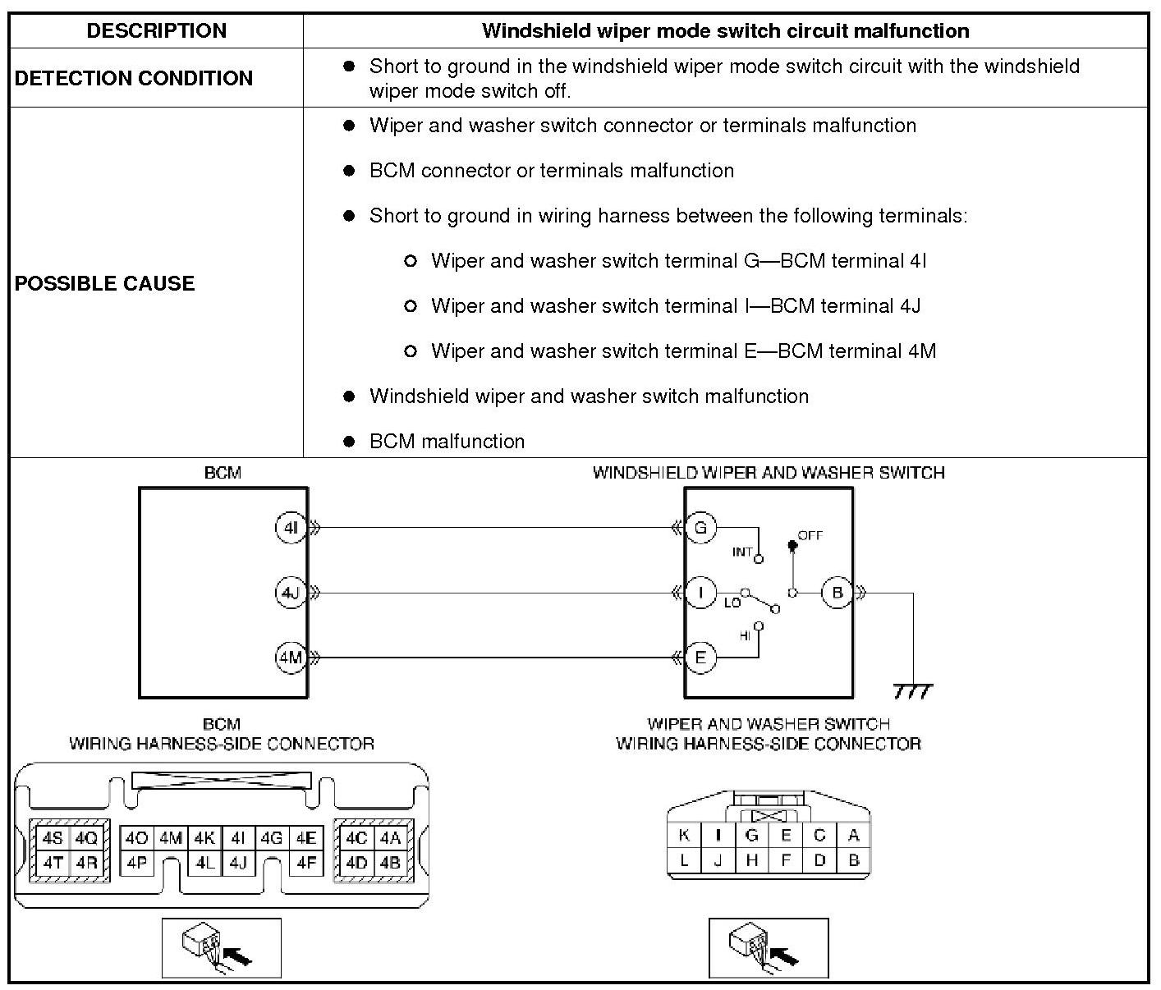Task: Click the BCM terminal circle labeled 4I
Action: coord(290,528)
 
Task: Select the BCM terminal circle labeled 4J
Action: coord(290,593)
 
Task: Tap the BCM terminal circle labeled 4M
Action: coord(290,658)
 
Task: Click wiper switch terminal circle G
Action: coord(700,528)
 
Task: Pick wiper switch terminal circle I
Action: coord(700,593)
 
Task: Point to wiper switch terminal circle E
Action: coord(700,658)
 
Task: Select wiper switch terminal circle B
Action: coord(837,593)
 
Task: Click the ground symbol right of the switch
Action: coord(913,691)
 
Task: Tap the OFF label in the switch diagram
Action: coord(810,535)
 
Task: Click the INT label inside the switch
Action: coord(742,552)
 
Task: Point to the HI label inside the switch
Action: coord(745,635)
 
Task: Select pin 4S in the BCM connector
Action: coord(53,839)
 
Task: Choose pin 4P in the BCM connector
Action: coord(136,863)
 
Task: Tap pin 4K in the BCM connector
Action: coord(204,839)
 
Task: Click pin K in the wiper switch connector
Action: coord(684,836)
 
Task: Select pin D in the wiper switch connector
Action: coord(819,860)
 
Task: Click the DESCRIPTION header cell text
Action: coord(156,31)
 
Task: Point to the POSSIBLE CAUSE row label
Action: coord(105,283)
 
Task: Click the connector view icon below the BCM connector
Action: coord(221,948)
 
